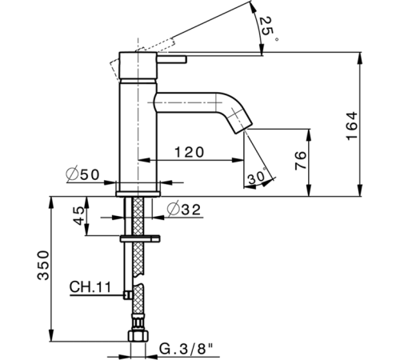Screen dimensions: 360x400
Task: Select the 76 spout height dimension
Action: pyautogui.click(x=300, y=161)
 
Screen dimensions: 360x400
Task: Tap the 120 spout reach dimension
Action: pyautogui.click(x=188, y=151)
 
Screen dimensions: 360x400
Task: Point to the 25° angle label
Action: pyautogui.click(x=266, y=28)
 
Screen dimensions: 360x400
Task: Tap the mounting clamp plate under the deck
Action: pyautogui.click(x=139, y=238)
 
